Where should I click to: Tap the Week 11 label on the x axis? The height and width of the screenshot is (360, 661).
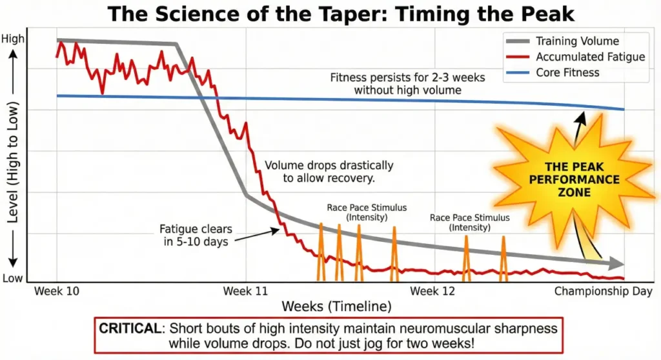[246, 291]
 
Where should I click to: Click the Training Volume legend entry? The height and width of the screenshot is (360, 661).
[577, 41]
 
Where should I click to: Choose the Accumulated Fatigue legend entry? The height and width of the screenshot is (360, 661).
[590, 57]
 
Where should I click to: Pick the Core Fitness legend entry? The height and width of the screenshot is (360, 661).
[567, 72]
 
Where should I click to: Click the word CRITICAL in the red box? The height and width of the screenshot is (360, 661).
[130, 328]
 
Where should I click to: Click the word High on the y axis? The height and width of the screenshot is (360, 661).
[13, 39]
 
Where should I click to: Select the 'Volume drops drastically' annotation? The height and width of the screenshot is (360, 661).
[329, 172]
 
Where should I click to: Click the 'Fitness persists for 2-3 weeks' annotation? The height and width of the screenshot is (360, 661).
[407, 84]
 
